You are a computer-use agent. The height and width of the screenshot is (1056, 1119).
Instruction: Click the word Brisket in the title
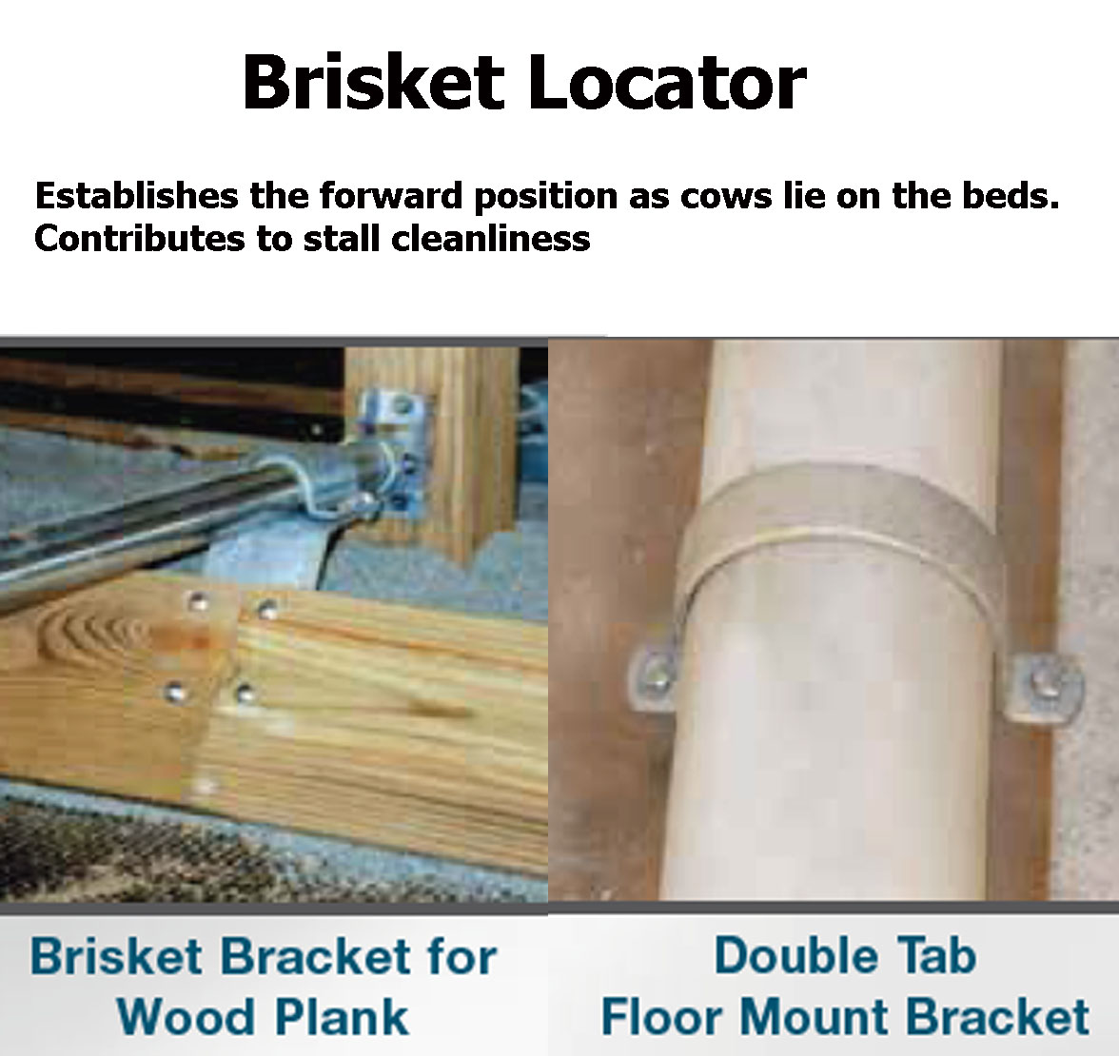click(372, 83)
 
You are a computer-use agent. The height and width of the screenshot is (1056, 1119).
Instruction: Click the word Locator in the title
click(665, 83)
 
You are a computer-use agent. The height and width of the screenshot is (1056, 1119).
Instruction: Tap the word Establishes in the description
click(136, 196)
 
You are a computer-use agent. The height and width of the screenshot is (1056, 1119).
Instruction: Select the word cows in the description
click(724, 196)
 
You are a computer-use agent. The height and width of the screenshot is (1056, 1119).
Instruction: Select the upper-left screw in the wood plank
click(198, 600)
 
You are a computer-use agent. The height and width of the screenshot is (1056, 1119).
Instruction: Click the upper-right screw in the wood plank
click(268, 609)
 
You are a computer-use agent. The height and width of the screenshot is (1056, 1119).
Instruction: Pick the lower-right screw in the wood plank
click(245, 694)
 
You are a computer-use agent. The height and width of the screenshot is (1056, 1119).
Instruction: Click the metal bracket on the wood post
click(393, 457)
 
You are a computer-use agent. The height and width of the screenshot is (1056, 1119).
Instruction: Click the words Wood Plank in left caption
click(263, 1016)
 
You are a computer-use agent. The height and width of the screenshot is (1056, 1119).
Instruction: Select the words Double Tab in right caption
click(845, 955)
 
